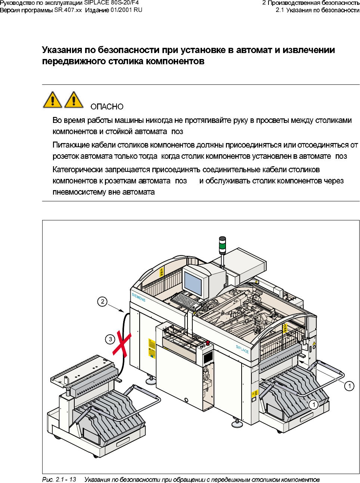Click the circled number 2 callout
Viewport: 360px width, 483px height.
(x=102, y=301)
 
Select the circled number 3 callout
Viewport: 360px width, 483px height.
(x=110, y=339)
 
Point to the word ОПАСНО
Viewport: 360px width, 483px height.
(x=107, y=107)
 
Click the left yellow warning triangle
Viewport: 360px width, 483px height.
(x=53, y=100)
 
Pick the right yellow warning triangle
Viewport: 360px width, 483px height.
(x=74, y=100)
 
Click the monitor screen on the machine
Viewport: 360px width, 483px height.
(x=193, y=283)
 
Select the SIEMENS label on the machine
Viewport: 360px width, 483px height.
(x=139, y=297)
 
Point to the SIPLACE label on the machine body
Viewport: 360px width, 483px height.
(x=242, y=349)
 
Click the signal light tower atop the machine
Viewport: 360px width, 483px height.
(x=222, y=245)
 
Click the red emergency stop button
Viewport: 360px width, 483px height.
(x=208, y=343)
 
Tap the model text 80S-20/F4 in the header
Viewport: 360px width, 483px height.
(x=125, y=3)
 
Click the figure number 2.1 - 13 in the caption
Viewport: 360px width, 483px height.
(x=66, y=479)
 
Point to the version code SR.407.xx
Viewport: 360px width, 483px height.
(x=68, y=10)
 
